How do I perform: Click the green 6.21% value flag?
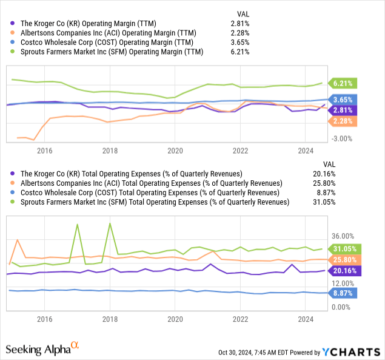343,83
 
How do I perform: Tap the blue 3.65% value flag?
343,99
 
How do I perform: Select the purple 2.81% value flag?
343,110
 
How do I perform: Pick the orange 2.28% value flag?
343,122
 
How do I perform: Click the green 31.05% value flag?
345,249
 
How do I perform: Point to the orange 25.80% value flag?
345,260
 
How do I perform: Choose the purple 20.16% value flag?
345,271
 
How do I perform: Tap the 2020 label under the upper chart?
175,149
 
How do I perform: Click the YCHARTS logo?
352,352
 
